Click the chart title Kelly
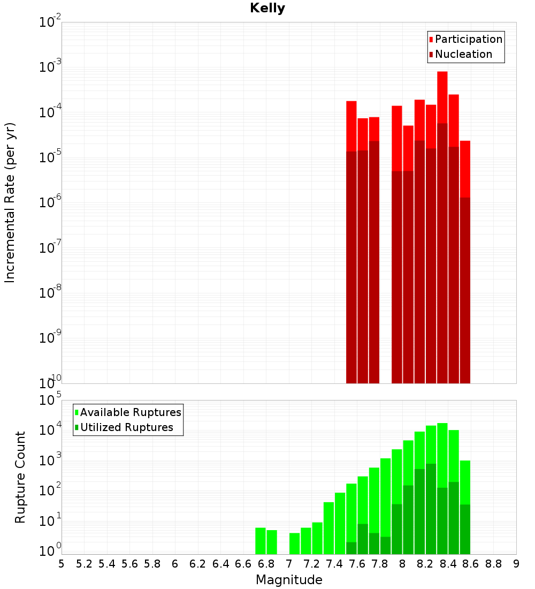pos(267,9)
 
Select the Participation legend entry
pos(469,40)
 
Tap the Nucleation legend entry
pos(463,55)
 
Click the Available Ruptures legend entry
pos(131,412)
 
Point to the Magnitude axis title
pos(289,580)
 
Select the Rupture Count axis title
pos(20,477)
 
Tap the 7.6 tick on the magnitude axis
pos(357,564)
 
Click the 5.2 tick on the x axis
pos(85,564)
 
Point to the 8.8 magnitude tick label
pos(494,564)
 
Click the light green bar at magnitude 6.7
pos(261,541)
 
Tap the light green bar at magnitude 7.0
pos(295,543)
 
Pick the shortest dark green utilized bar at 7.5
pos(351,548)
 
